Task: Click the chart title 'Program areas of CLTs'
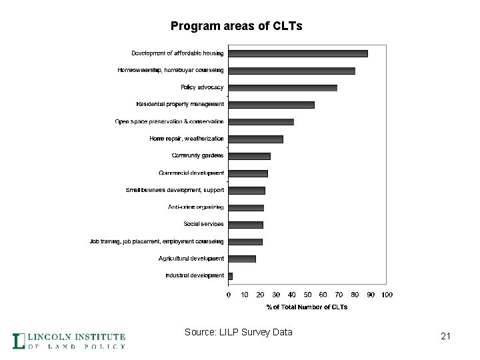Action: pos(236,27)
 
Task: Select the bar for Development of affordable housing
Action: pos(297,53)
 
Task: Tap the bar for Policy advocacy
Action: pos(283,87)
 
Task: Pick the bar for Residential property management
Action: pos(271,105)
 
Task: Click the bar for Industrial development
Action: pos(231,275)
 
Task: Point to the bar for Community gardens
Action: pos(249,156)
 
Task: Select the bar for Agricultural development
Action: pos(242,259)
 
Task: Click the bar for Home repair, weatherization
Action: pos(255,139)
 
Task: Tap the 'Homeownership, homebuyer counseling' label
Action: pos(171,70)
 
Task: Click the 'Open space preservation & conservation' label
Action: pos(169,121)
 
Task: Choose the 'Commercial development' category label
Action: pos(191,173)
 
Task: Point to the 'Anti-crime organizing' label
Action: pos(195,207)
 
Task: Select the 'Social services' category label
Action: pos(203,224)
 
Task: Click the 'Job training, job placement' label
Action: pos(157,241)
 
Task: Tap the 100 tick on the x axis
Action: pos(387,294)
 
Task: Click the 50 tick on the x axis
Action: pos(308,294)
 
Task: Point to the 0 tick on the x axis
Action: pos(229,294)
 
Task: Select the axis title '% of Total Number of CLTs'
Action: pos(307,307)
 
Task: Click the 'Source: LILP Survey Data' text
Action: pos(239,332)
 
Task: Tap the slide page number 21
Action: pos(446,337)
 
